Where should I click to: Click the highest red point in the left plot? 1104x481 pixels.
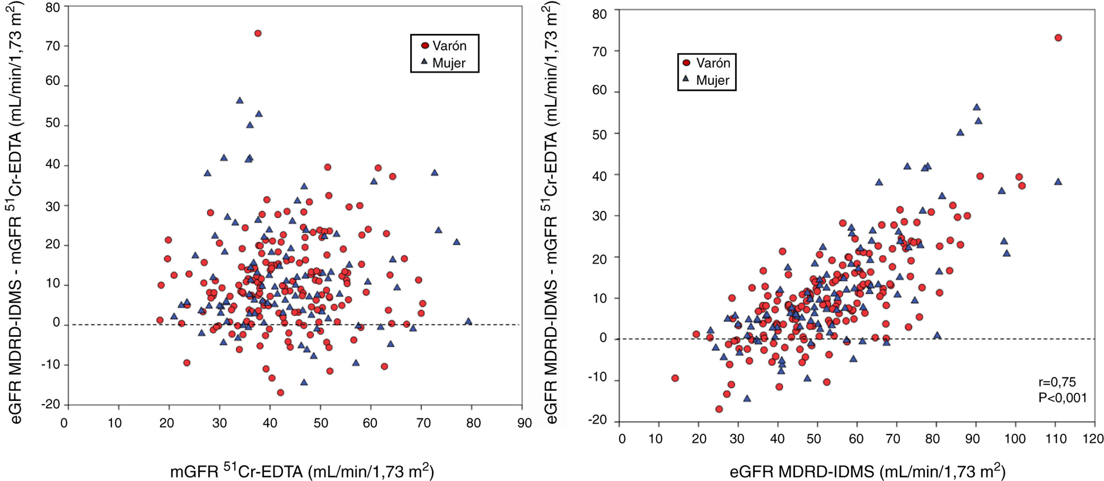258,33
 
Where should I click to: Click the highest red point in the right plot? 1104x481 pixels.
1058,38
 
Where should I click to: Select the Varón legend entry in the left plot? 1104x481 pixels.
444,46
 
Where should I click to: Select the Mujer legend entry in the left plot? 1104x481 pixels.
444,63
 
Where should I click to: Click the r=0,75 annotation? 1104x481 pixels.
1057,382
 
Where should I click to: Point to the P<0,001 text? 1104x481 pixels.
1062,398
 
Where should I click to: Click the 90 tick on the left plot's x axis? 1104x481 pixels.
524,423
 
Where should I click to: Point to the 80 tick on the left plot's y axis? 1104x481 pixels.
53,7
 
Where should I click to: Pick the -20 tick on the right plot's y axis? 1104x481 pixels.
597,420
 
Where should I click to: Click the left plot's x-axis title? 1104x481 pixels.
302,471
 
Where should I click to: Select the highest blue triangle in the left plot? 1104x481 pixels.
240,100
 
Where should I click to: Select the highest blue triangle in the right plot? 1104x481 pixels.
976,107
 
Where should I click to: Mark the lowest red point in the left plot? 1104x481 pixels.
280,392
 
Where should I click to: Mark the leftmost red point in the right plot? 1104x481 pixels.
675,378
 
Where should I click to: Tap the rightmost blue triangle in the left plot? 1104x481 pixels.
469,321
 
